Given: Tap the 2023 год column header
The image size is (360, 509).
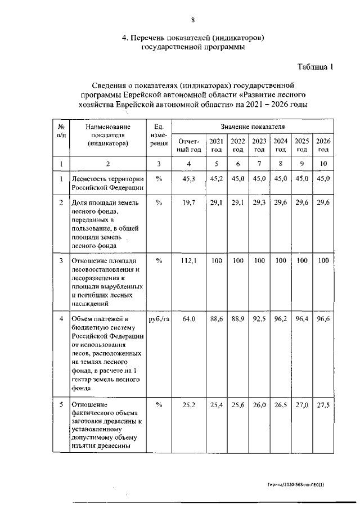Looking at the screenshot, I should tap(259, 145).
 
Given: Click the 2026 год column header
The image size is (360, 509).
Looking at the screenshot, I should tap(323, 145).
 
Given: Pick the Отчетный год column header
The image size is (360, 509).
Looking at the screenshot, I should tap(188, 145).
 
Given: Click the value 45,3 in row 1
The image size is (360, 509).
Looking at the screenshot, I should tap(188, 179).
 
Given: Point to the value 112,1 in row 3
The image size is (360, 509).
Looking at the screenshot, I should tap(188, 261).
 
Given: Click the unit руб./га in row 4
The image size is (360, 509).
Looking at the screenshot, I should tap(159, 319).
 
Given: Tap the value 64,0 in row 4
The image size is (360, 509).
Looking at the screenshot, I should tap(188, 319).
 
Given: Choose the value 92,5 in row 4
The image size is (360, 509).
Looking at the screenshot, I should tap(259, 319).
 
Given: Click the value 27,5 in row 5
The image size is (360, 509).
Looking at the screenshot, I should tap(323, 404).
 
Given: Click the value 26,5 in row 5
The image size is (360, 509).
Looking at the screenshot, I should tap(281, 404).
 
